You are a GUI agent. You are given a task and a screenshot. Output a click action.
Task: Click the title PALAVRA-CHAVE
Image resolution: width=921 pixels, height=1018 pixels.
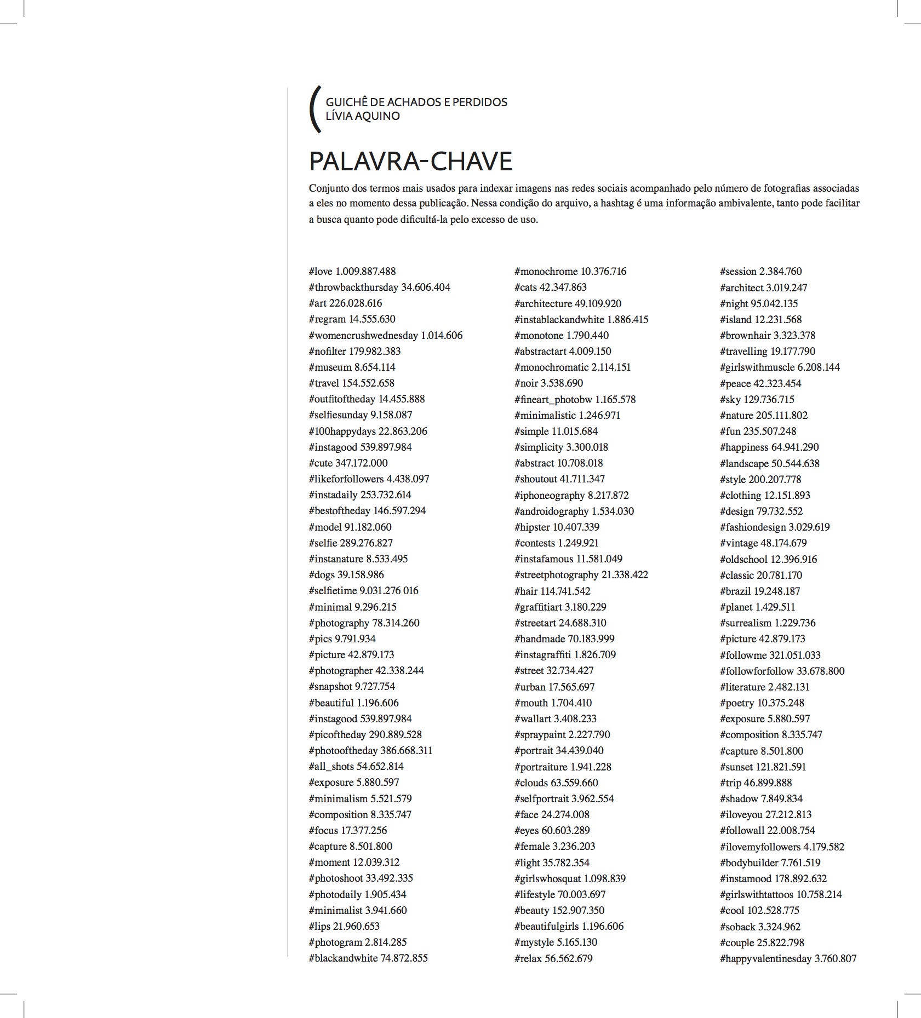click(x=410, y=161)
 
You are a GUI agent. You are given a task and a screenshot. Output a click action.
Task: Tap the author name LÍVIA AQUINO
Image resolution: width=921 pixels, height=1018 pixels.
click(x=363, y=116)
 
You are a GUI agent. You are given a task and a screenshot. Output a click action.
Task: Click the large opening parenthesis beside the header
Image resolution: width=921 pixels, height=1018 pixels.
click(x=314, y=109)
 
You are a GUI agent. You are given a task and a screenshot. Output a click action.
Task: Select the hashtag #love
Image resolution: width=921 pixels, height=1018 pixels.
click(x=321, y=272)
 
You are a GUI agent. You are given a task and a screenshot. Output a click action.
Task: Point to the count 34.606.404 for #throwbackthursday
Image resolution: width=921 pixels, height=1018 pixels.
click(x=425, y=287)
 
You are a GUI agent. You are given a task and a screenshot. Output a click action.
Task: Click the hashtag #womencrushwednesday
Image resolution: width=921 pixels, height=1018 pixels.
click(x=363, y=335)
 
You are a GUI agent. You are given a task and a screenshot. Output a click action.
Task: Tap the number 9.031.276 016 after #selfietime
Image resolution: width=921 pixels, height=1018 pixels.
click(x=388, y=591)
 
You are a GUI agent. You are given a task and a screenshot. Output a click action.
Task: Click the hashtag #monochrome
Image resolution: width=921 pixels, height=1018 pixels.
click(x=546, y=272)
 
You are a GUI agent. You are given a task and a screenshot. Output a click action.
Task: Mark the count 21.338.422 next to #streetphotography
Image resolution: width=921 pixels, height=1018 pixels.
click(x=625, y=575)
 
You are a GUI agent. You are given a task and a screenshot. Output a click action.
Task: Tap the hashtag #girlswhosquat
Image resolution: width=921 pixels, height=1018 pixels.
click(x=547, y=878)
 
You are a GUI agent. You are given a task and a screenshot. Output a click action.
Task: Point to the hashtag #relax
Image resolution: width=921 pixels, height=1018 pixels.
click(x=528, y=958)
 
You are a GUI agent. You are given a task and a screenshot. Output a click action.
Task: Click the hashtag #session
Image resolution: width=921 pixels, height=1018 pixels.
click(x=738, y=272)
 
